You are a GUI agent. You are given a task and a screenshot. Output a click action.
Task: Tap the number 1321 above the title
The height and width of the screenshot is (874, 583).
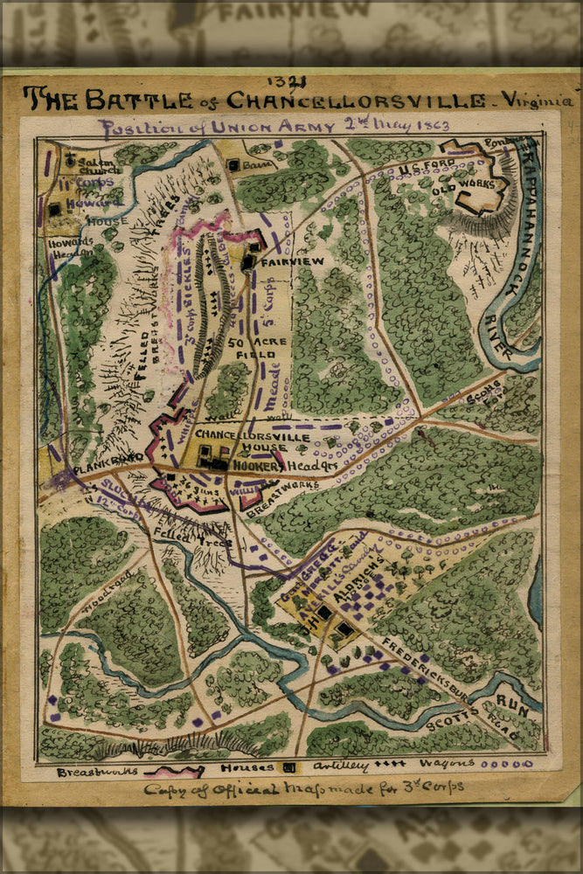click(291, 83)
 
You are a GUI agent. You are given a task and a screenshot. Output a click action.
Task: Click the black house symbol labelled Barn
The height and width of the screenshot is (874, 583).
click(234, 164)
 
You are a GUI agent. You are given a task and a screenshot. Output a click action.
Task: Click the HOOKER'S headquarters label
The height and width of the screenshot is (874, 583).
click(255, 466)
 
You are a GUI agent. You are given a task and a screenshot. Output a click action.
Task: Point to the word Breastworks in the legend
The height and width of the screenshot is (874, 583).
click(97, 772)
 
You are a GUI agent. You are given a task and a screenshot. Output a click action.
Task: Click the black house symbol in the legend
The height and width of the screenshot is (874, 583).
click(289, 768)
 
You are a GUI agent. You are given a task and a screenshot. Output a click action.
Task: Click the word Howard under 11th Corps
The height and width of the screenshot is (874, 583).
click(96, 202)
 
